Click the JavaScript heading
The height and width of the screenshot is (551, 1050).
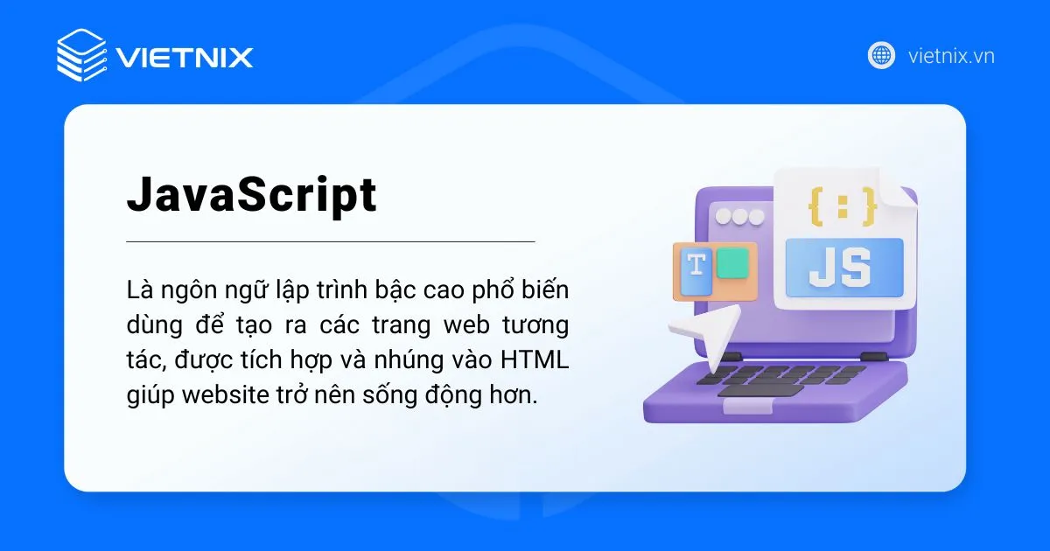[252, 197]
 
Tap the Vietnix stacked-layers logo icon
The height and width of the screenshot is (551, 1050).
[80, 55]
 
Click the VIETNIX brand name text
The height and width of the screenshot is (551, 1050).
[185, 58]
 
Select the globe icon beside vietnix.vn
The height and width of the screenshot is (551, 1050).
[881, 56]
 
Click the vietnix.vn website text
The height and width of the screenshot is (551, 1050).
[951, 57]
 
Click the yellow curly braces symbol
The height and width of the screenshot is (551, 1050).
[842, 206]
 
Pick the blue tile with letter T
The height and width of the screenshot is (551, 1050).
[696, 273]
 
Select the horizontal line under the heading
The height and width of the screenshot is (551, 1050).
[330, 241]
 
